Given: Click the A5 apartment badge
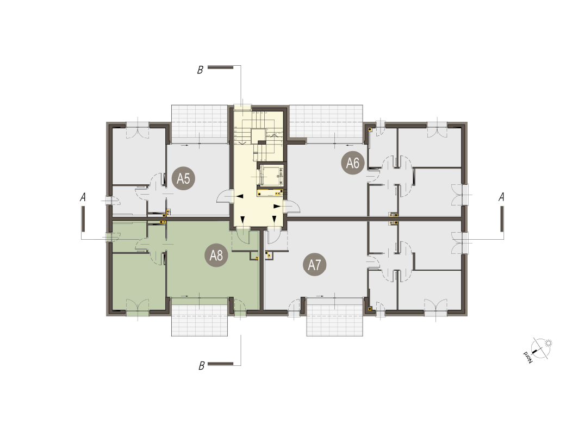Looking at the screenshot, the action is pyautogui.click(x=183, y=179).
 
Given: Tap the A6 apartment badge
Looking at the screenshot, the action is pyautogui.click(x=352, y=163).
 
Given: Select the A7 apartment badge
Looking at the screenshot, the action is pyautogui.click(x=314, y=265).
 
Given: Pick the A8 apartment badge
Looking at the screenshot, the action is pyautogui.click(x=216, y=255).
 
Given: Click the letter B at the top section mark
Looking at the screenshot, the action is pyautogui.click(x=201, y=70).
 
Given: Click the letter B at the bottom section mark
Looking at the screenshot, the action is pyautogui.click(x=202, y=366).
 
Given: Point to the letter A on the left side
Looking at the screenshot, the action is pyautogui.click(x=83, y=197).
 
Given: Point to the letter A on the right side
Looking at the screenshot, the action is pyautogui.click(x=501, y=197).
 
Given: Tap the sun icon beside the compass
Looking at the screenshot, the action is pyautogui.click(x=548, y=343).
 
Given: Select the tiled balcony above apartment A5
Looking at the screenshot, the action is pyautogui.click(x=200, y=121).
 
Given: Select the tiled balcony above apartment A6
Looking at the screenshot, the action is pyautogui.click(x=326, y=121).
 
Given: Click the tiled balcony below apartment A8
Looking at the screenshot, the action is pyautogui.click(x=200, y=320).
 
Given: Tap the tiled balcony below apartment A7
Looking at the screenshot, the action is pyautogui.click(x=335, y=320).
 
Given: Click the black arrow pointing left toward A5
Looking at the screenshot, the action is pyautogui.click(x=240, y=197).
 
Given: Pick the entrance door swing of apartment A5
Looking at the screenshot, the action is pyautogui.click(x=224, y=197).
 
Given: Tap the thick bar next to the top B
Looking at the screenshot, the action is pyautogui.click(x=221, y=67).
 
